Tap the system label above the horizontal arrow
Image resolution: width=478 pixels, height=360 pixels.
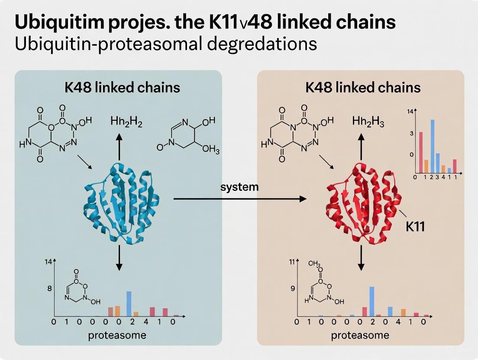[x=239, y=187]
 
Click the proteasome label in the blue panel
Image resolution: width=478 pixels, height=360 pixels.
[x=117, y=335]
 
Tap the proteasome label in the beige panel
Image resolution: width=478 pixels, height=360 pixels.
[x=360, y=335]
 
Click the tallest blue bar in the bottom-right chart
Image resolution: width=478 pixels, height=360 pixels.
[x=371, y=301]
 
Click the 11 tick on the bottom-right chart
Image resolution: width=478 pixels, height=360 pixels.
[x=292, y=262]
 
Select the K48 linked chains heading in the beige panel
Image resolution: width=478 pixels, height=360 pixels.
[x=363, y=88]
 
